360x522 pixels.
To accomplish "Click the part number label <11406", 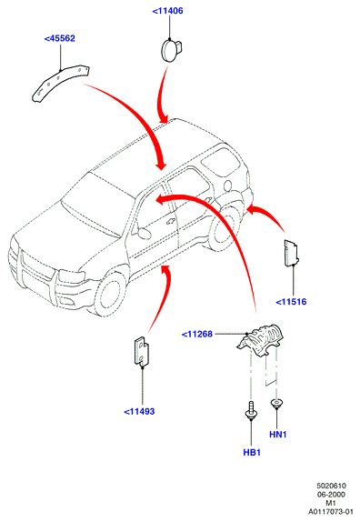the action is [167, 11].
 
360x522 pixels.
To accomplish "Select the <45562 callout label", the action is [60, 38].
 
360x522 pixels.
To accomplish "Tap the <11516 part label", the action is [291, 302].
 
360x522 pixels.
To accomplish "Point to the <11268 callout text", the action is [197, 334].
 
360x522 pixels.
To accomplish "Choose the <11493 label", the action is [139, 411].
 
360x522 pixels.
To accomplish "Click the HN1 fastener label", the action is [278, 435].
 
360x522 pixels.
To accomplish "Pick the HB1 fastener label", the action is [252, 452].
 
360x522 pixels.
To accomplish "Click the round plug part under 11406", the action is [171, 50].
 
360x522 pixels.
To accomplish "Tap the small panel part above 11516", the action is [291, 253].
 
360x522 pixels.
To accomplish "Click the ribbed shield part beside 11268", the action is [261, 339].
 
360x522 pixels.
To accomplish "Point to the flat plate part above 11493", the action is [142, 351].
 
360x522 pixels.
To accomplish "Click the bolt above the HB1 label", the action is [251, 410].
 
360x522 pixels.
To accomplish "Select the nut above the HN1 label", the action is [276, 404].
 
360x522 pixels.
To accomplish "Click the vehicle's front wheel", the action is [110, 295].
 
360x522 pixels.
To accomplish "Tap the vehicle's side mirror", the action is [144, 233].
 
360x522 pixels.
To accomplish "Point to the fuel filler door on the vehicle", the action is [228, 186].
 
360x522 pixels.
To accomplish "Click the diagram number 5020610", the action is [331, 486].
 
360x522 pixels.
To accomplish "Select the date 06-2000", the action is [331, 495].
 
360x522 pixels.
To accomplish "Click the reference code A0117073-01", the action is [330, 511].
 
